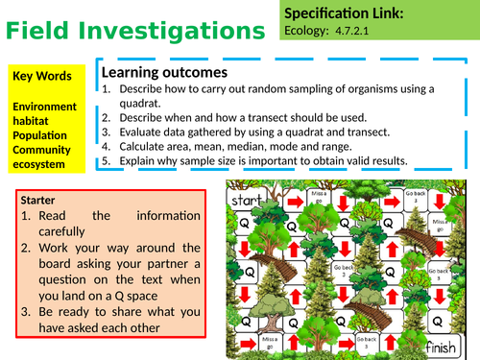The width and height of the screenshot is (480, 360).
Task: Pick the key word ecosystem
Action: (40, 164)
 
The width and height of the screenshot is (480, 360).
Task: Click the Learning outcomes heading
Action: (164, 72)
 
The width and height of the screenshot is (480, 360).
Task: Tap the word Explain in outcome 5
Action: (138, 159)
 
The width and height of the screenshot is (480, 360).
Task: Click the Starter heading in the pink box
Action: (37, 201)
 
